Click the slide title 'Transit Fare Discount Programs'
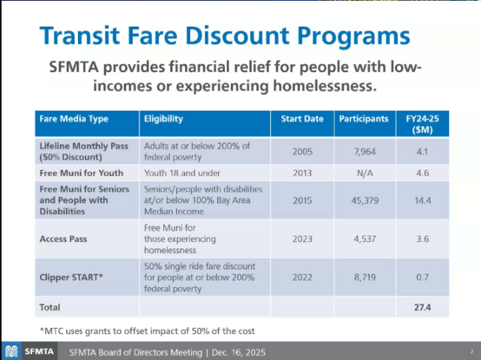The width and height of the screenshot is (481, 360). coord(224,36)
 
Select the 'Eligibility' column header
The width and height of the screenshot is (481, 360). coord(163,117)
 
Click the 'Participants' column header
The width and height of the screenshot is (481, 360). coord(363,117)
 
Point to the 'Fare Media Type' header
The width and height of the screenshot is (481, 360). coord(75,117)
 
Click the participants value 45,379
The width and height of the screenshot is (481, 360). coord(363,199)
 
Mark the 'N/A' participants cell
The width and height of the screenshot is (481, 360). coord(363,173)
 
